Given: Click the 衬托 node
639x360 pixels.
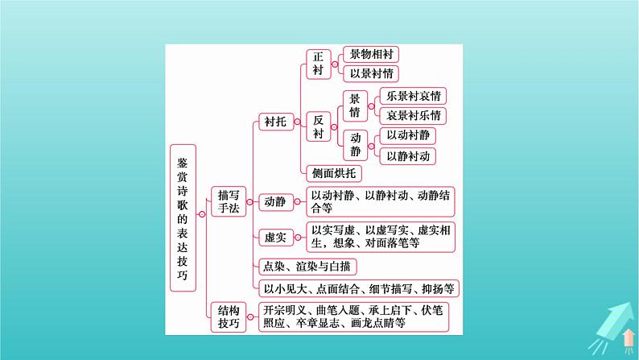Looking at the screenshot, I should pos(274,122).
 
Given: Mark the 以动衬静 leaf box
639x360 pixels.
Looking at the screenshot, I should pos(409,135).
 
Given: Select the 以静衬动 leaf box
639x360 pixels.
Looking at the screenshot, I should pos(409,155).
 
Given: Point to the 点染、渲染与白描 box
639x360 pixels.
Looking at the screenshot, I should pos(307,265).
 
